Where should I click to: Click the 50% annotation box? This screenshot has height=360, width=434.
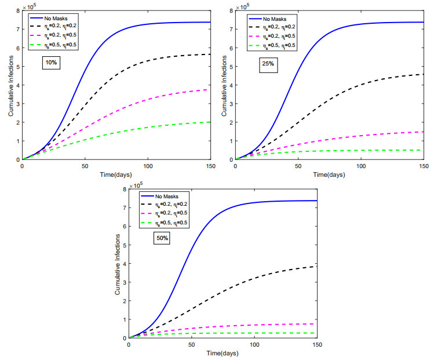[161, 238]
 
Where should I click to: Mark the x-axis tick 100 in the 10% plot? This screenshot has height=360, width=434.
[148, 166]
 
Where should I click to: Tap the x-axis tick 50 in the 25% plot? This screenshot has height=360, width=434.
[297, 166]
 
